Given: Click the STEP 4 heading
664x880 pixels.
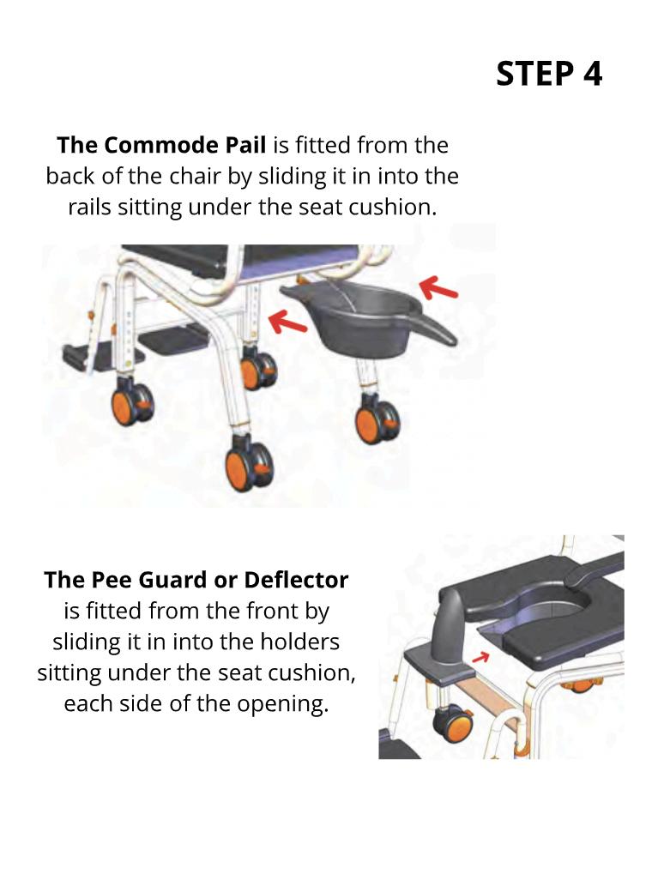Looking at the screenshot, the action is pyautogui.click(x=549, y=74).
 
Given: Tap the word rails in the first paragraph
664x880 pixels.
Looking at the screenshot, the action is pyautogui.click(x=90, y=207).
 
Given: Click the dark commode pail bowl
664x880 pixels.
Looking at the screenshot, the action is pyautogui.click(x=359, y=317).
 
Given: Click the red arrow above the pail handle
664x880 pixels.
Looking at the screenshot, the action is pyautogui.click(x=439, y=289).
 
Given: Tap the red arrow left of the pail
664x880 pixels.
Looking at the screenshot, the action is pyautogui.click(x=287, y=322).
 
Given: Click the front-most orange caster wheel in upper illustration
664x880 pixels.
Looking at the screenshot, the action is pyautogui.click(x=249, y=465).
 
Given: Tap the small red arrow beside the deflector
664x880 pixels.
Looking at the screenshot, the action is pyautogui.click(x=480, y=656).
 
